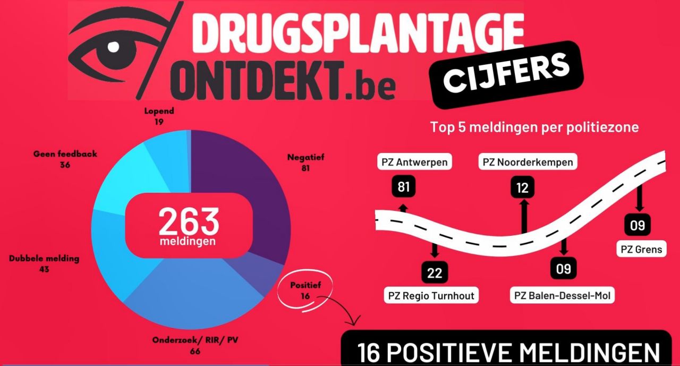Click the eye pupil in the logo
(x=113, y=47)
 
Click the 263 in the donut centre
(x=189, y=222)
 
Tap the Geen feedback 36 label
(x=65, y=159)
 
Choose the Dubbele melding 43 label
(x=44, y=263)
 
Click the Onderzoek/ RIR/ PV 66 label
(x=195, y=345)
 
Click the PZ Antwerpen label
(x=414, y=161)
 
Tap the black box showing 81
(x=404, y=187)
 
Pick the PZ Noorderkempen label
(x=528, y=161)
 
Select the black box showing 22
(x=435, y=273)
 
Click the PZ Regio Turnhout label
(x=431, y=295)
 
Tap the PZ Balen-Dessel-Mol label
(x=563, y=295)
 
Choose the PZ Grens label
(x=641, y=248)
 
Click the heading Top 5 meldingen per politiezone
(x=534, y=127)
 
